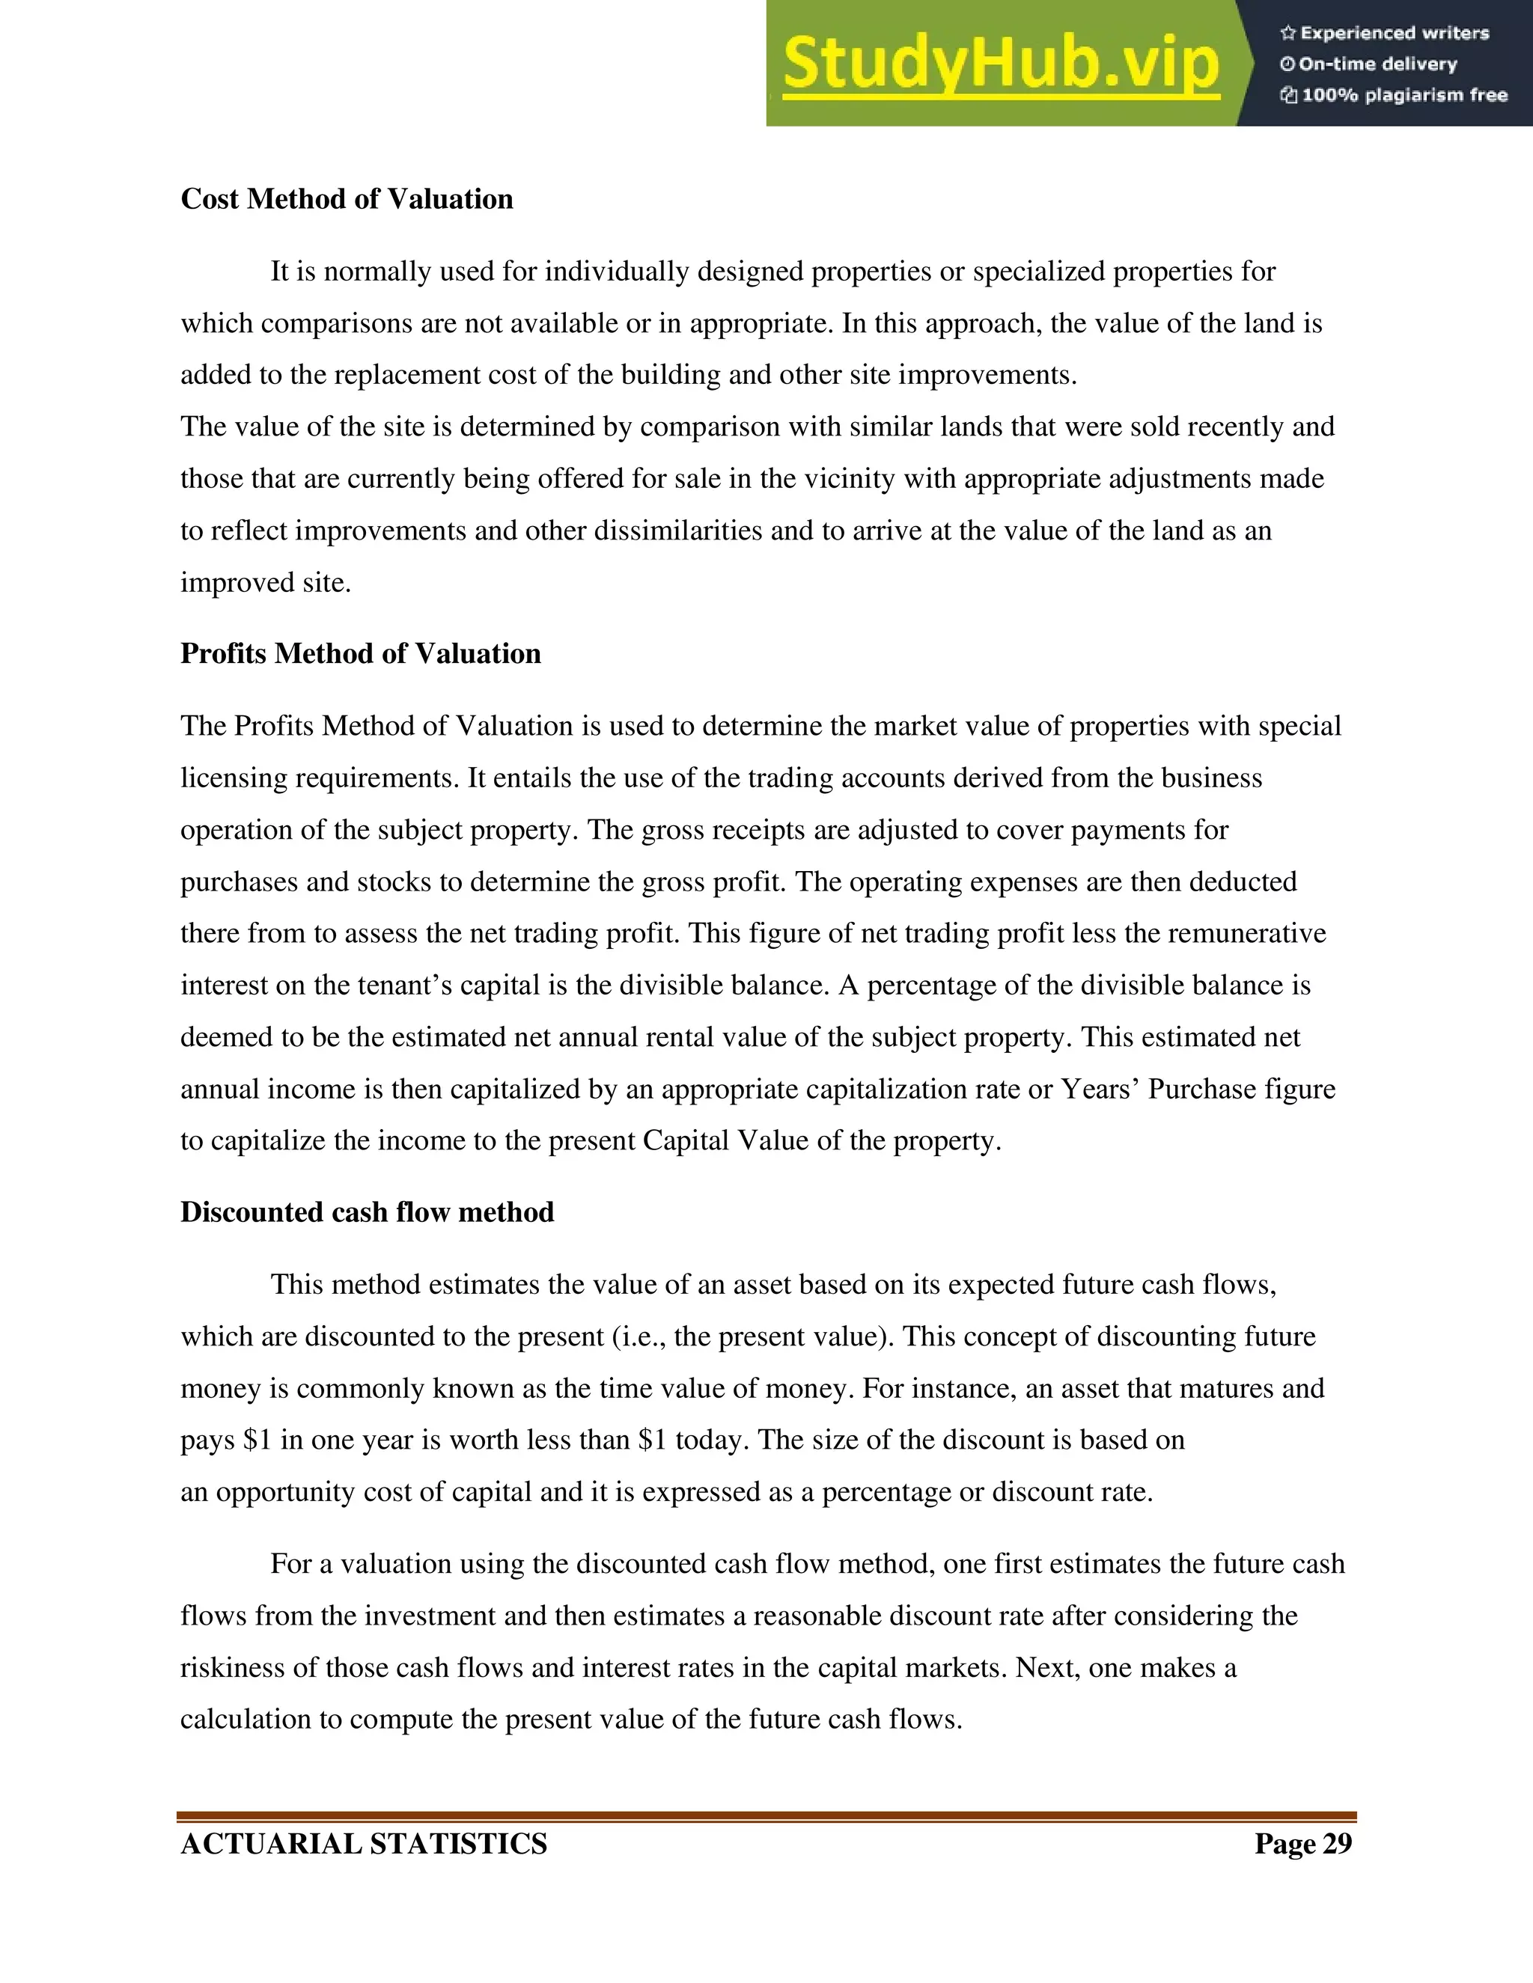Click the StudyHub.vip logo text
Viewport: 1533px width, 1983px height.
coord(1000,64)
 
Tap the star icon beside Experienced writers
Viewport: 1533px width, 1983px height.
coord(1287,34)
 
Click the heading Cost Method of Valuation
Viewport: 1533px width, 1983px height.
coord(346,199)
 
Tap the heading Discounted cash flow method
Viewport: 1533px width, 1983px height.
coord(367,1212)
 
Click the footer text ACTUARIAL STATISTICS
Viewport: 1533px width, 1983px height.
coord(363,1843)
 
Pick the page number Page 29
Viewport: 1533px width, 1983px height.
coord(1303,1843)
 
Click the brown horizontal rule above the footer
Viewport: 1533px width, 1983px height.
coord(766,1816)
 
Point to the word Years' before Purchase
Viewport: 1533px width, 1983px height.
coord(1100,1089)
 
